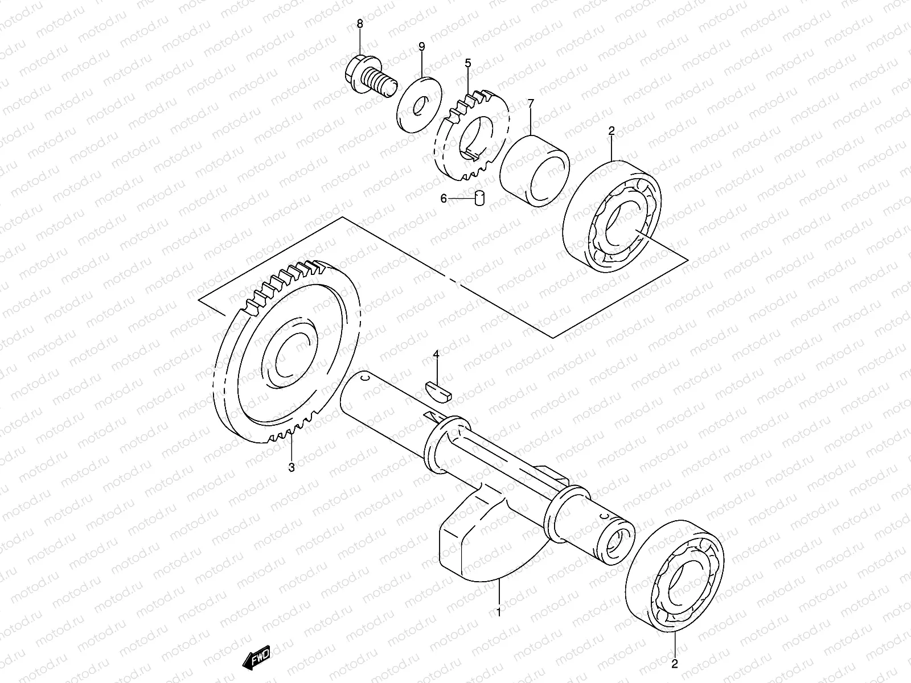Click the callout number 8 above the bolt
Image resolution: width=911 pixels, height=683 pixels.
click(x=359, y=24)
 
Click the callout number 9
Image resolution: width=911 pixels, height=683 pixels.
click(x=422, y=46)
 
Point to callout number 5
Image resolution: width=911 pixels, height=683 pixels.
click(x=468, y=63)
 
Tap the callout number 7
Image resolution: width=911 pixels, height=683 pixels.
click(x=530, y=104)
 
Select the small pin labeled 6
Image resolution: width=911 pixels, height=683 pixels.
click(x=479, y=198)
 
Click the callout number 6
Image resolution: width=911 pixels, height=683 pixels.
click(x=444, y=199)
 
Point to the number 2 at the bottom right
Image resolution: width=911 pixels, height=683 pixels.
click(x=675, y=664)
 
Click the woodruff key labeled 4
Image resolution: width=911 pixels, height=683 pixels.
click(x=438, y=392)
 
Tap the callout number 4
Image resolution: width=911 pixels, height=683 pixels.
click(x=436, y=355)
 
